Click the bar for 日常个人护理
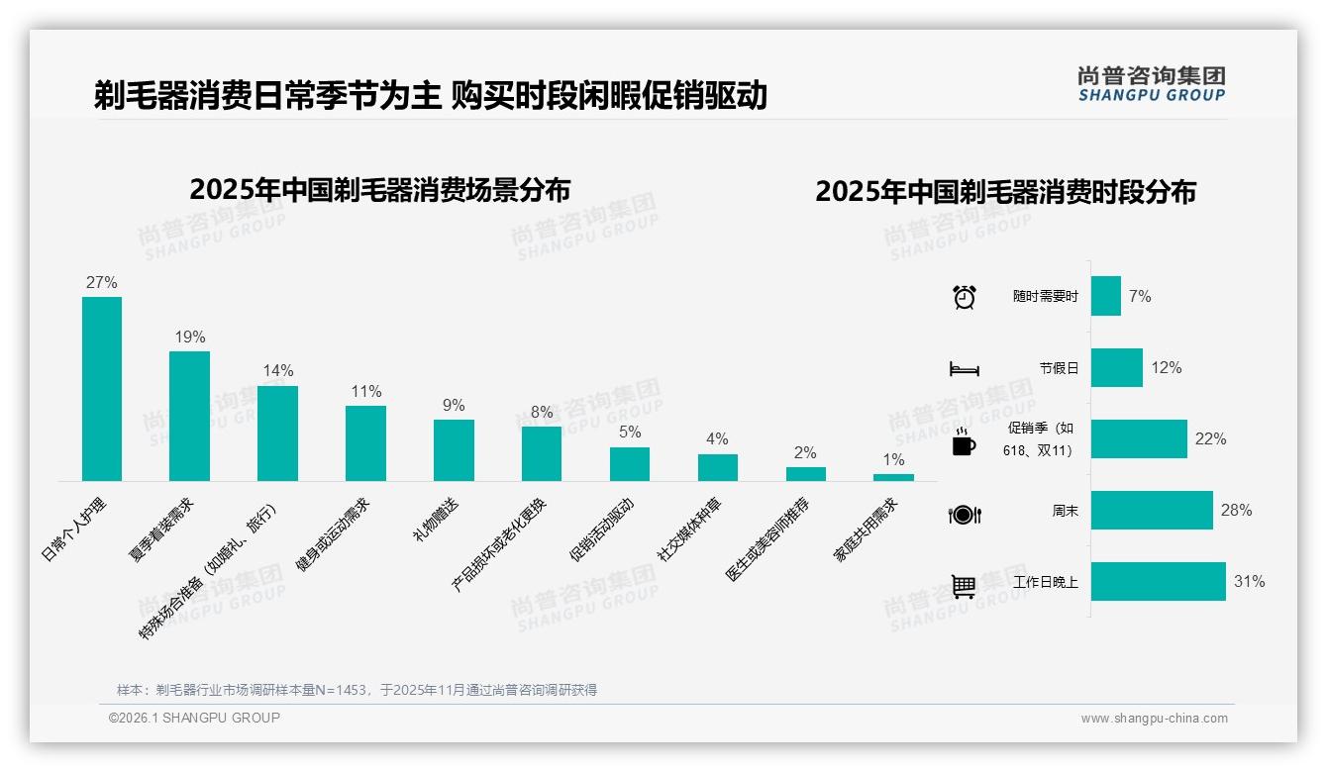(102, 389)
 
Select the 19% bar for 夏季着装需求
(189, 416)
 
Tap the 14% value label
(278, 371)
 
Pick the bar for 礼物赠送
(454, 450)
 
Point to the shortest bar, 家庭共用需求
(893, 477)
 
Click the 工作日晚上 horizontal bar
(1158, 582)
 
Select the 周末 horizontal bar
(1152, 511)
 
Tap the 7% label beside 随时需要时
(1140, 296)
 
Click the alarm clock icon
(964, 297)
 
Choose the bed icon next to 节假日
(964, 369)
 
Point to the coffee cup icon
(964, 442)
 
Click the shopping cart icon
(964, 586)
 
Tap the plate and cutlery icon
(964, 514)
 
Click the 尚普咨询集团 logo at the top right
(1151, 83)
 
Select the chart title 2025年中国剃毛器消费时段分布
(1005, 191)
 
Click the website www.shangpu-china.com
(1154, 719)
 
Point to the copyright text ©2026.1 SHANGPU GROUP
(194, 718)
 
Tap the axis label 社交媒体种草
(690, 531)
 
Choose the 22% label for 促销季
(1210, 439)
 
